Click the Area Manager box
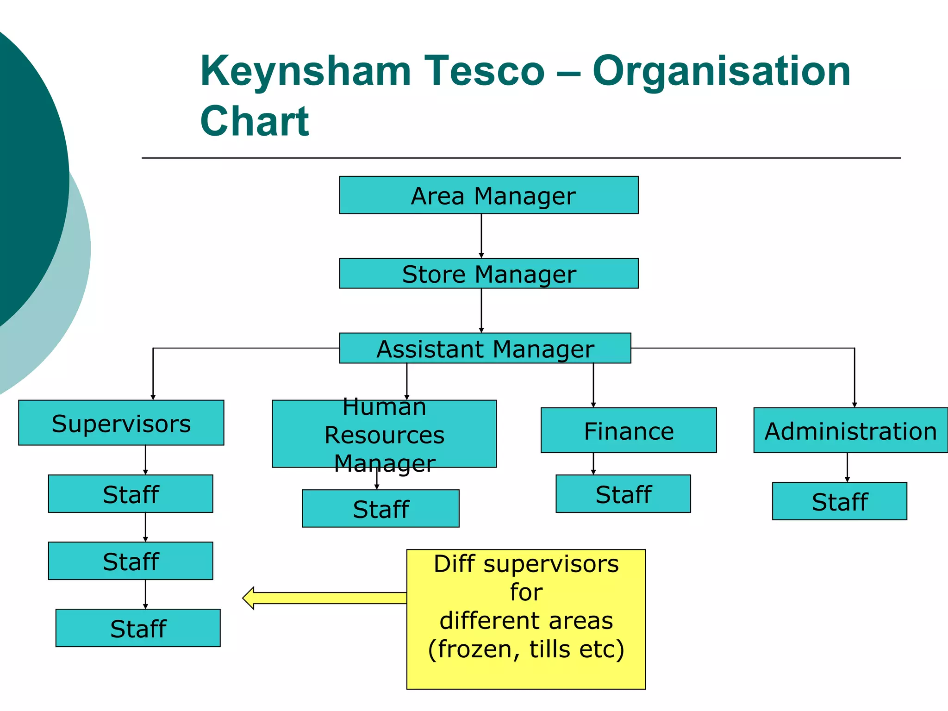point(489,195)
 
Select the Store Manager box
point(489,273)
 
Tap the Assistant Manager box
point(485,348)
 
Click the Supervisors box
point(121,423)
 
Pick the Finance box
point(629,430)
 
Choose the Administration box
point(850,430)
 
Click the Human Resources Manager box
point(384,434)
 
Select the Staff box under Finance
point(623,493)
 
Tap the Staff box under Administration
point(839,501)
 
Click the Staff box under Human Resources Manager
point(380,508)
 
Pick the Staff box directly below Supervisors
point(131,493)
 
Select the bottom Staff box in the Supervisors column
point(138,628)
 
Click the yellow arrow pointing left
point(324,598)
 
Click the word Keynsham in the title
point(306,72)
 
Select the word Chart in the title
point(255,121)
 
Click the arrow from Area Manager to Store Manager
point(481,236)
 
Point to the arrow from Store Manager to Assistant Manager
point(481,310)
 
